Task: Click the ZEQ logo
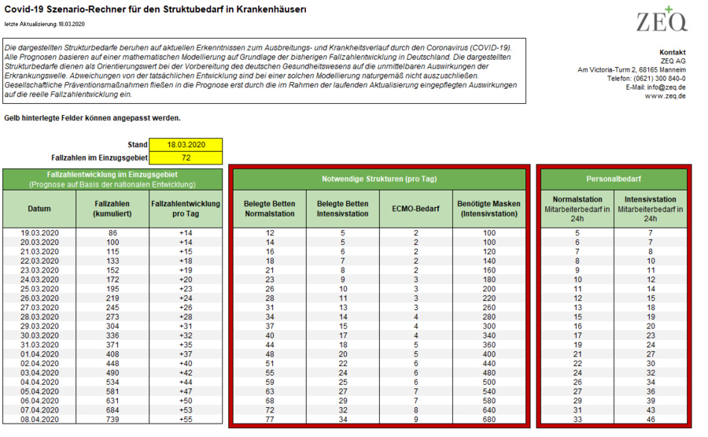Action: (662, 19)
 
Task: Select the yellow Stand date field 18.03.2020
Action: (186, 145)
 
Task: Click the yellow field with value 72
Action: (186, 157)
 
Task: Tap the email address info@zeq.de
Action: (665, 87)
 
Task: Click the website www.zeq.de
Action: (666, 96)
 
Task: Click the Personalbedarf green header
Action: (614, 179)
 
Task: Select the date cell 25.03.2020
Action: (39, 289)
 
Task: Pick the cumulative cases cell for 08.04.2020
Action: (112, 420)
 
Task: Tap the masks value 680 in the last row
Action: (489, 420)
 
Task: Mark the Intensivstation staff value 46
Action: (651, 420)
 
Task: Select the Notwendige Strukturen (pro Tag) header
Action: (379, 179)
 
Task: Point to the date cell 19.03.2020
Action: (39, 233)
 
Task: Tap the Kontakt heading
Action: (672, 52)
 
